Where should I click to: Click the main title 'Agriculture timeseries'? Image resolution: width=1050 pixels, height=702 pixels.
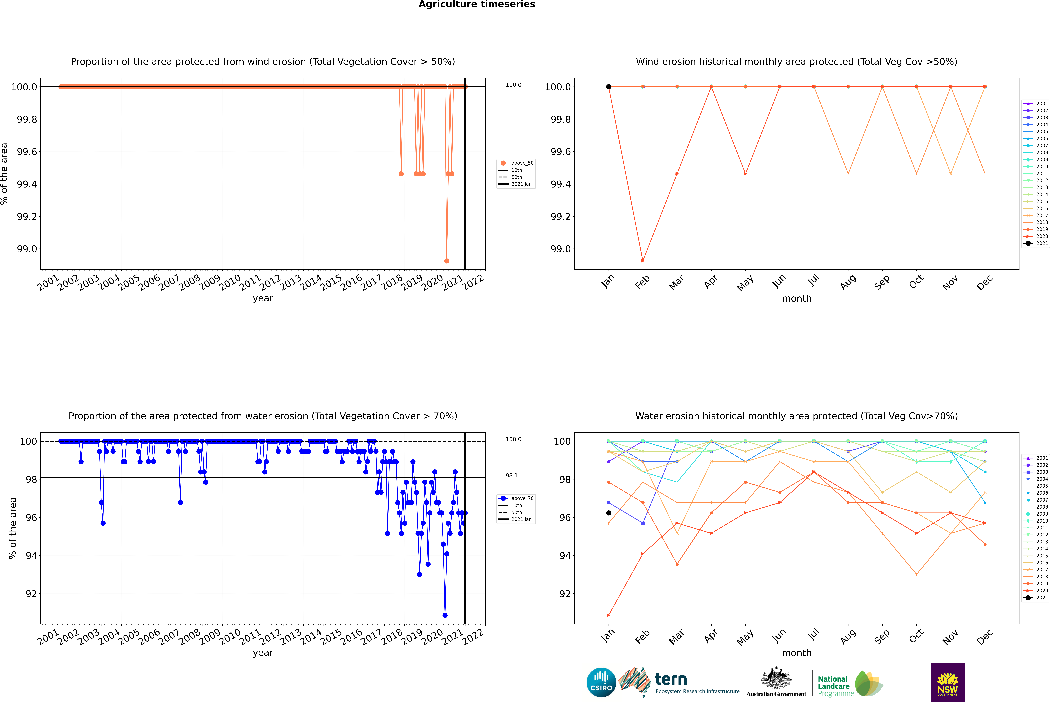click(477, 4)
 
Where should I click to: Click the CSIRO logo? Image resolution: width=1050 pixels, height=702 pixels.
click(601, 682)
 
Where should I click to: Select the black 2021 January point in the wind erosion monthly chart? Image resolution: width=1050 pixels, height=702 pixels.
click(609, 87)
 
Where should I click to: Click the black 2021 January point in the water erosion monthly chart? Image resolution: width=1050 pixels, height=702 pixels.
click(609, 513)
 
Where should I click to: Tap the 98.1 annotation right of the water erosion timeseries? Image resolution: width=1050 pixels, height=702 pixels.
click(512, 475)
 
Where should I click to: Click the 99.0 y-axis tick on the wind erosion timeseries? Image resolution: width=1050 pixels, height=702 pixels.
click(27, 249)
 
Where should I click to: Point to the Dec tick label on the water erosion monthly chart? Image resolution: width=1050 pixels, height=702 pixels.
click(985, 637)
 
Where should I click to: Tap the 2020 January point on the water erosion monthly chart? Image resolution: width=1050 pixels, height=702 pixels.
click(609, 615)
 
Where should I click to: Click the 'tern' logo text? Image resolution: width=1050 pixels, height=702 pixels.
click(670, 679)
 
